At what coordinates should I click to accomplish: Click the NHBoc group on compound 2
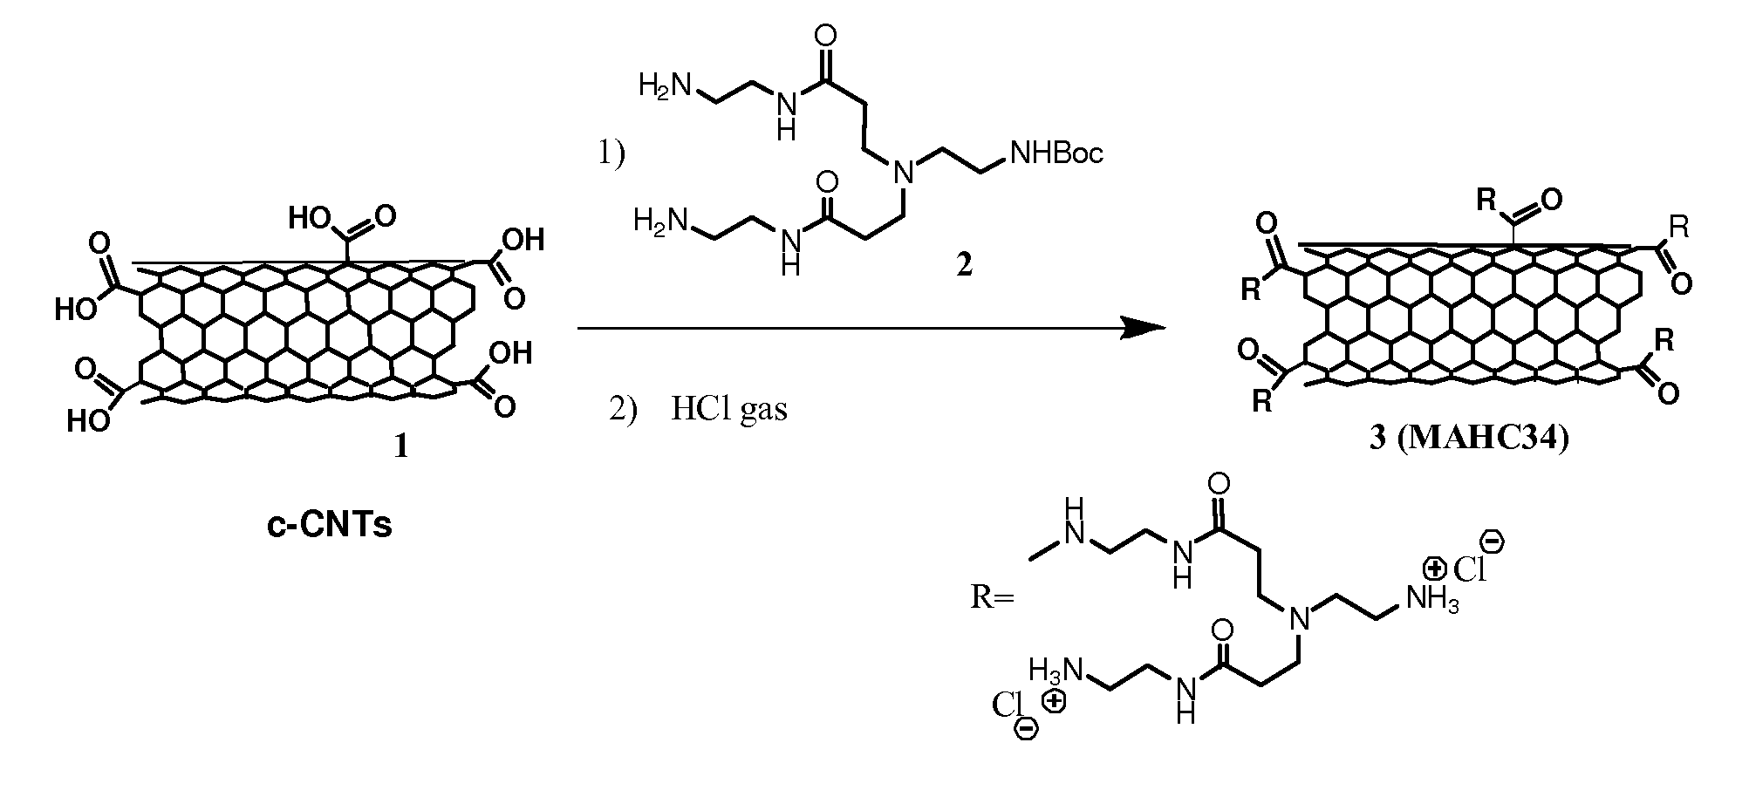[x=1055, y=154]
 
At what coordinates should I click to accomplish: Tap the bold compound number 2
[x=963, y=265]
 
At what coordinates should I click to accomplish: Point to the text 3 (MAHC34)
[x=1469, y=439]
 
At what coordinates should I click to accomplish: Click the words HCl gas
[x=728, y=408]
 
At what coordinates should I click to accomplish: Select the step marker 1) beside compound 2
[x=611, y=154]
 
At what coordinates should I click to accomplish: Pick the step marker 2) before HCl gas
[x=623, y=409]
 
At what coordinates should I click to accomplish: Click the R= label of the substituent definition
[x=993, y=598]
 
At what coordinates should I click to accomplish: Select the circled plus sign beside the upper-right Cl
[x=1434, y=570]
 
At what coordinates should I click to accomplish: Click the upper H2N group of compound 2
[x=666, y=85]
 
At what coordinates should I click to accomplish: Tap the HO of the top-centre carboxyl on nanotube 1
[x=310, y=218]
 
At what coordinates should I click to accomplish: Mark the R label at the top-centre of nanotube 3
[x=1486, y=201]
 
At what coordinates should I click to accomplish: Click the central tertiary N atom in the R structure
[x=1300, y=619]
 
